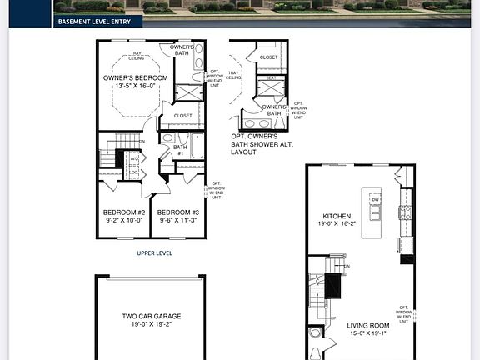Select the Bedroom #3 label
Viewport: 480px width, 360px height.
click(x=177, y=212)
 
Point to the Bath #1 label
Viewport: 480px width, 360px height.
click(x=179, y=151)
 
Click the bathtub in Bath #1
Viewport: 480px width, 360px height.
click(x=197, y=146)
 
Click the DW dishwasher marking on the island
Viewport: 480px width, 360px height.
click(x=375, y=200)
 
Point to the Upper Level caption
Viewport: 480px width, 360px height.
click(x=155, y=252)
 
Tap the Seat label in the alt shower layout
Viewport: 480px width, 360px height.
click(x=271, y=77)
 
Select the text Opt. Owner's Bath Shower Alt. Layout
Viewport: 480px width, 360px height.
click(x=259, y=144)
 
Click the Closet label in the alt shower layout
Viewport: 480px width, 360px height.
click(x=268, y=57)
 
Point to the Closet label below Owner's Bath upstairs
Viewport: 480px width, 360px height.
click(x=182, y=115)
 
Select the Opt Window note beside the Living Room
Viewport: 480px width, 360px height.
click(x=404, y=314)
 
